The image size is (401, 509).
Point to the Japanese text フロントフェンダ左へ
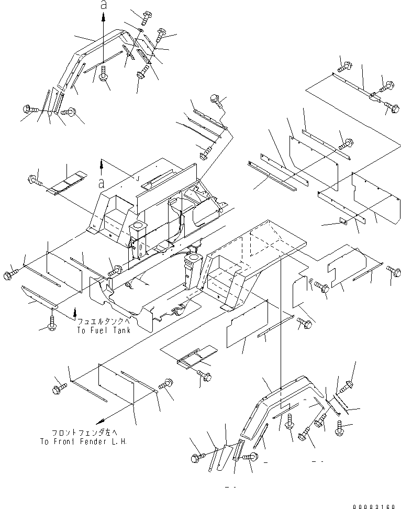(x=83, y=433)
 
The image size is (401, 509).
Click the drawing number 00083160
(x=375, y=506)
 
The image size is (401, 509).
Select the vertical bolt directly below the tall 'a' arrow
(x=104, y=74)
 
